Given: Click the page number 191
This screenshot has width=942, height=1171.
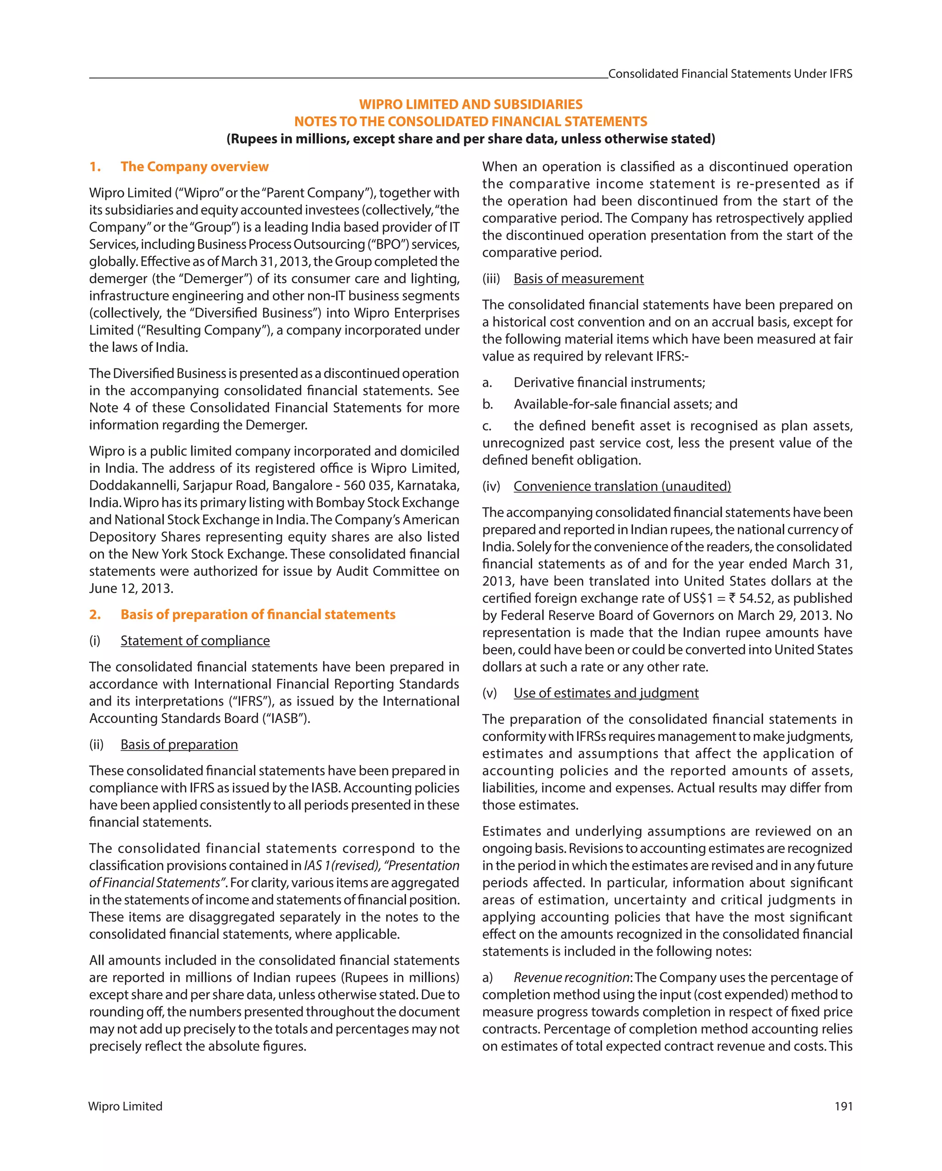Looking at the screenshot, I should point(843,1106).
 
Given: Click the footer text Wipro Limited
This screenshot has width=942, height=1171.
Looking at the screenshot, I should point(126,1106).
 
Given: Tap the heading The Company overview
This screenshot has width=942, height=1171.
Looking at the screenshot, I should point(195,167).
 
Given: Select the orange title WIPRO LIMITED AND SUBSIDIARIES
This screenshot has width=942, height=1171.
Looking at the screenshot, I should point(471,104).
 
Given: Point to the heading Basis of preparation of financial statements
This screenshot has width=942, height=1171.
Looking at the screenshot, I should point(258,614).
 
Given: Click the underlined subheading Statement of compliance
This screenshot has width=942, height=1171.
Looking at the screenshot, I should point(195,641).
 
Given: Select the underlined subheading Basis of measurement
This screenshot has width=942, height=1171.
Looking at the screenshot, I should point(579,279).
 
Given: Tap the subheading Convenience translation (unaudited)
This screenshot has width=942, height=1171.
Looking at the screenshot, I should point(622,486).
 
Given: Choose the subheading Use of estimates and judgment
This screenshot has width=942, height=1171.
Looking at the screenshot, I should point(606,693).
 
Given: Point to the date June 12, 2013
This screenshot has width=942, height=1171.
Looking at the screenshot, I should point(131,588).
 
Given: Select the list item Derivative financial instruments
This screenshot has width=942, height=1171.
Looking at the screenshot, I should point(609,382).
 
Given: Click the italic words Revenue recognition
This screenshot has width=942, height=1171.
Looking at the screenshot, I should point(572,978).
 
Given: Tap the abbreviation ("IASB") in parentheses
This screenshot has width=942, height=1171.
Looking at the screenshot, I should point(286,718).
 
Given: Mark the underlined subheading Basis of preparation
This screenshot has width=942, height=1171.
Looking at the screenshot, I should point(179,745).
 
